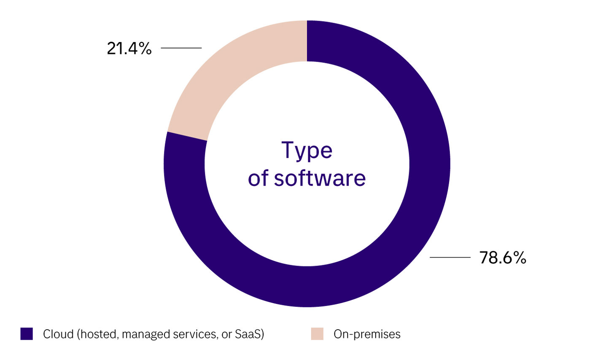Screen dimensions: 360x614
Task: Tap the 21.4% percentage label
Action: [x=129, y=48]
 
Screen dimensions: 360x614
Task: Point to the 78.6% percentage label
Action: [x=503, y=258]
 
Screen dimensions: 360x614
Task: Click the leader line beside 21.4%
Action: [x=181, y=48]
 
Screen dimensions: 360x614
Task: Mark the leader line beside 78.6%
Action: [x=450, y=257]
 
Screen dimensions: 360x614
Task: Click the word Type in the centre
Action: [x=307, y=150]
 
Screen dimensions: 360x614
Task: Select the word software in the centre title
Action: [x=320, y=178]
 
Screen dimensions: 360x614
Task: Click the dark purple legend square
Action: [x=27, y=334]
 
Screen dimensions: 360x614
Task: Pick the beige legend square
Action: [x=317, y=334]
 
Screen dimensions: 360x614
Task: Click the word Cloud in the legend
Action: [x=58, y=334]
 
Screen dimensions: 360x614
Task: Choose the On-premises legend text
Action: [x=367, y=334]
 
